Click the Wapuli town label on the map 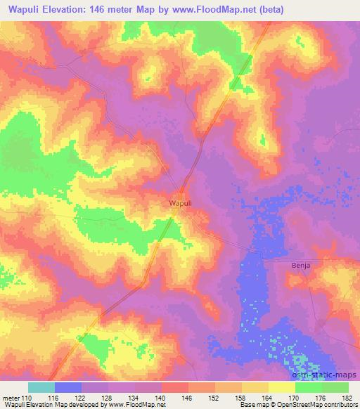point(181,203)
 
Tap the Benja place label point(300,266)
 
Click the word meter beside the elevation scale point(12,397)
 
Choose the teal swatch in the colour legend point(41,387)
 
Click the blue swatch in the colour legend point(68,387)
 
